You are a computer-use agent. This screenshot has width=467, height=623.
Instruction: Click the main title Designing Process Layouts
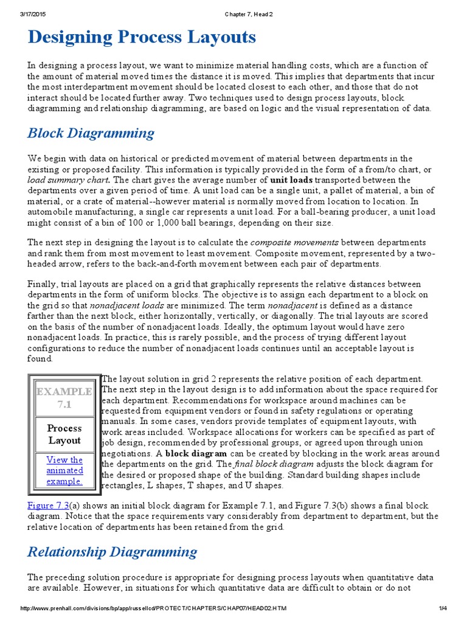pyautogui.click(x=142, y=37)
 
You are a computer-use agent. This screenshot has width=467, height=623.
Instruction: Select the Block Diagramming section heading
pyautogui.click(x=91, y=133)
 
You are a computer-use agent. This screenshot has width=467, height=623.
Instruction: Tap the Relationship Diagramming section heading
pyautogui.click(x=112, y=552)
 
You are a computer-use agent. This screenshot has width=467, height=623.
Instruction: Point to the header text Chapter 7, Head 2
pyautogui.click(x=233, y=6)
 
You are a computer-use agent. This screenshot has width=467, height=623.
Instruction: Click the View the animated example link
pyautogui.click(x=64, y=470)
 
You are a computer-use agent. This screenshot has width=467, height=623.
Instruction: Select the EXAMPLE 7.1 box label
pyautogui.click(x=64, y=397)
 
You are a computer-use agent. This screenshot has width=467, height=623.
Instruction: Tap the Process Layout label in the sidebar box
pyautogui.click(x=64, y=434)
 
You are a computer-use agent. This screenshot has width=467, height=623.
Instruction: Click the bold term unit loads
pyautogui.click(x=291, y=180)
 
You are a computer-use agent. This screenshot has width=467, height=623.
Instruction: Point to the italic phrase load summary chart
pyautogui.click(x=68, y=180)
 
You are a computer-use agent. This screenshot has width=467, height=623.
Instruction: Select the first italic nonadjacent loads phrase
pyautogui.click(x=126, y=305)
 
